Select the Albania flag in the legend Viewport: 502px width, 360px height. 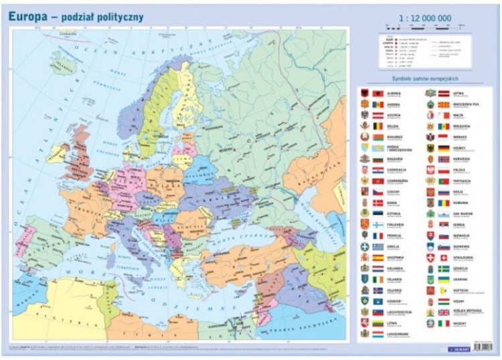[378, 92]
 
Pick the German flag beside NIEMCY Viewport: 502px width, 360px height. [443, 148]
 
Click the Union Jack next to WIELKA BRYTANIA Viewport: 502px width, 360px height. [443, 312]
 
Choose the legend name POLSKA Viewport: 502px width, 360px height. [460, 170]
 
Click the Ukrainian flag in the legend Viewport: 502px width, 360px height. [443, 279]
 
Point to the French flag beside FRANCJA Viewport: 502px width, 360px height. [378, 236]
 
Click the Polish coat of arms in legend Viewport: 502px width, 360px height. [430, 170]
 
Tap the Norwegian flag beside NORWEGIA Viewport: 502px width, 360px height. [443, 159]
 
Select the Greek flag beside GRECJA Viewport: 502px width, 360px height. [378, 246]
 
